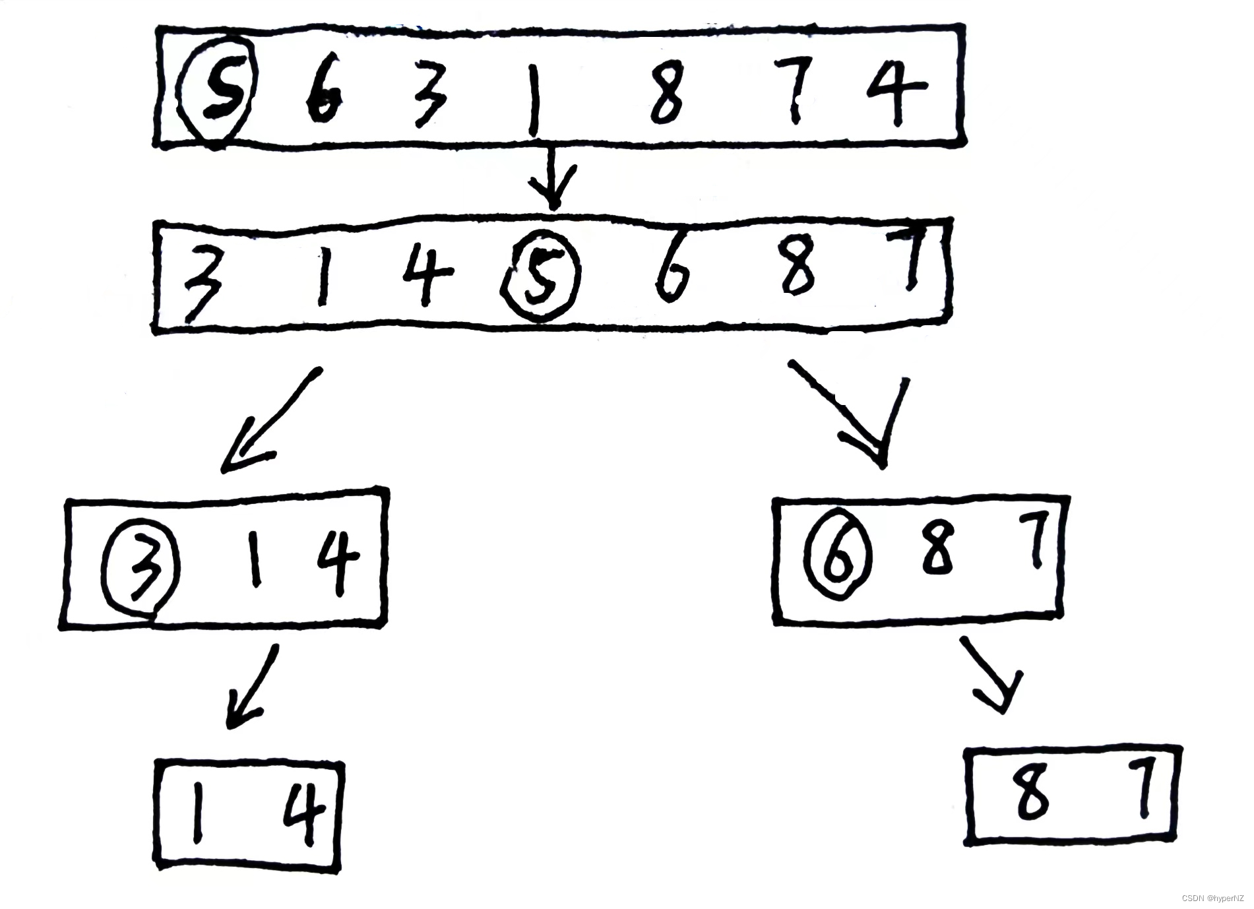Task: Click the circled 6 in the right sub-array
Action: point(838,553)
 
